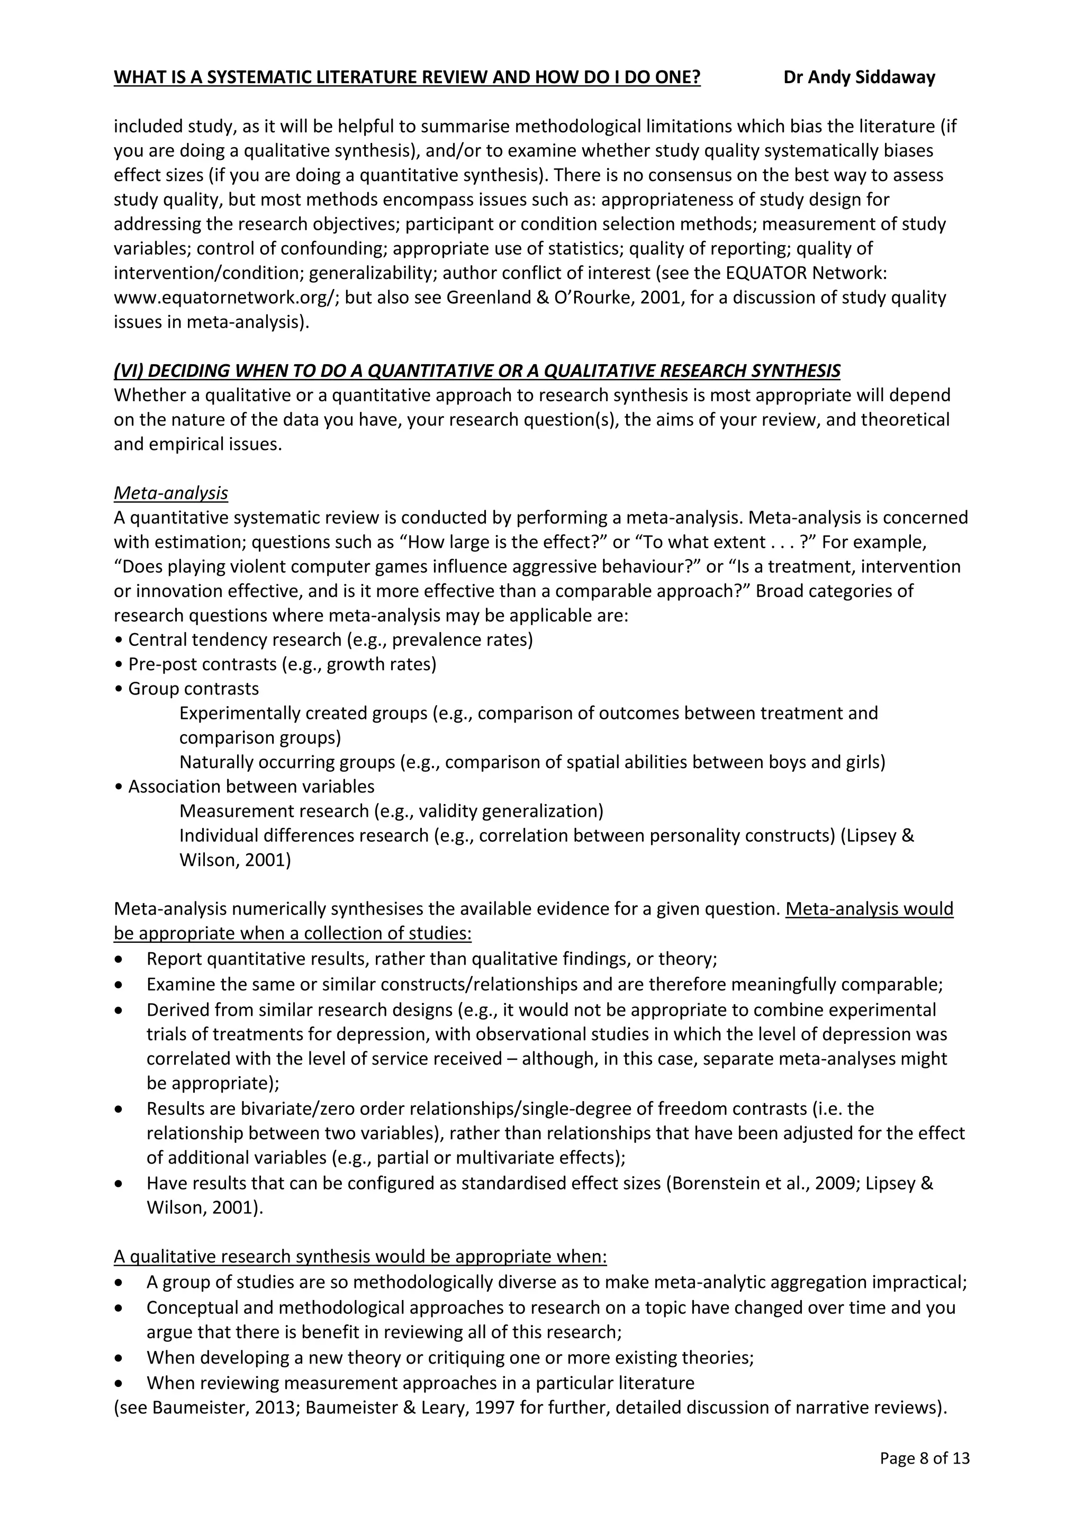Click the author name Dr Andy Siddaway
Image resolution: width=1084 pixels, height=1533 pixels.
tap(859, 77)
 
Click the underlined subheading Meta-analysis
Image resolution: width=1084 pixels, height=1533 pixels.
tap(171, 493)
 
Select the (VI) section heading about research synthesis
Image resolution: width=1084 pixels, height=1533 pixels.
tap(476, 371)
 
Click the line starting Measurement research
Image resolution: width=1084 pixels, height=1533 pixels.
tap(391, 811)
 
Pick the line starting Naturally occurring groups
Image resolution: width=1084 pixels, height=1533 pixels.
tap(531, 762)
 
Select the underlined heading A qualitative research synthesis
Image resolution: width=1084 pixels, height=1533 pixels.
tap(360, 1257)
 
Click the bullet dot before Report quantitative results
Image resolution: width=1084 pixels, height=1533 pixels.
tap(119, 960)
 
